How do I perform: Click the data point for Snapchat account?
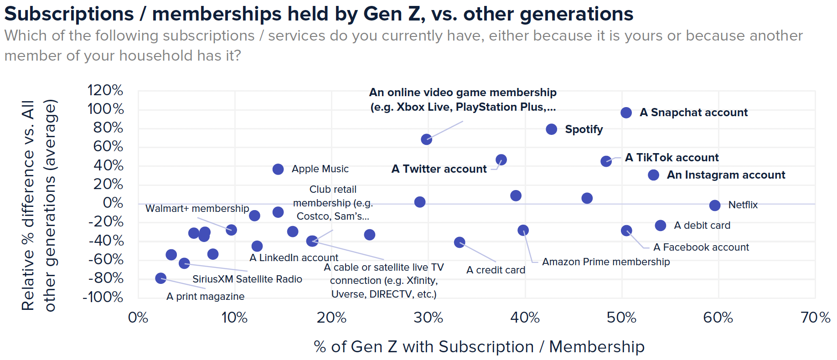(x=626, y=113)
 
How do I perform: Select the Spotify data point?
(x=551, y=129)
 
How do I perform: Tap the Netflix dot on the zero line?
(x=714, y=206)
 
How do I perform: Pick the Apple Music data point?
(x=278, y=169)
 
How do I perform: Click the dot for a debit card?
(x=660, y=225)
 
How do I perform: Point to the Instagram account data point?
(x=653, y=175)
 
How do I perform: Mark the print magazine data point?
(x=160, y=278)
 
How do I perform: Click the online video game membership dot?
(x=426, y=139)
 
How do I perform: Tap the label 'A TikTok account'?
(x=672, y=158)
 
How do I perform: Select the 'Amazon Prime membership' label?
(x=606, y=262)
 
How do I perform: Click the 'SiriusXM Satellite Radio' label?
(x=247, y=279)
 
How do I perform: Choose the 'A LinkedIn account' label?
(x=294, y=258)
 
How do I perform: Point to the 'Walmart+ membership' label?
(x=197, y=209)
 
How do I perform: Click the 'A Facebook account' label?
(x=701, y=247)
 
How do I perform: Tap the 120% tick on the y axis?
(x=105, y=90)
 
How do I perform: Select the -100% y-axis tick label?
(x=103, y=297)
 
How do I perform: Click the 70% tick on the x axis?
(x=815, y=318)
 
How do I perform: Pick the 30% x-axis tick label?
(x=428, y=318)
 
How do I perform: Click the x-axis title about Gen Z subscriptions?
(x=479, y=347)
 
